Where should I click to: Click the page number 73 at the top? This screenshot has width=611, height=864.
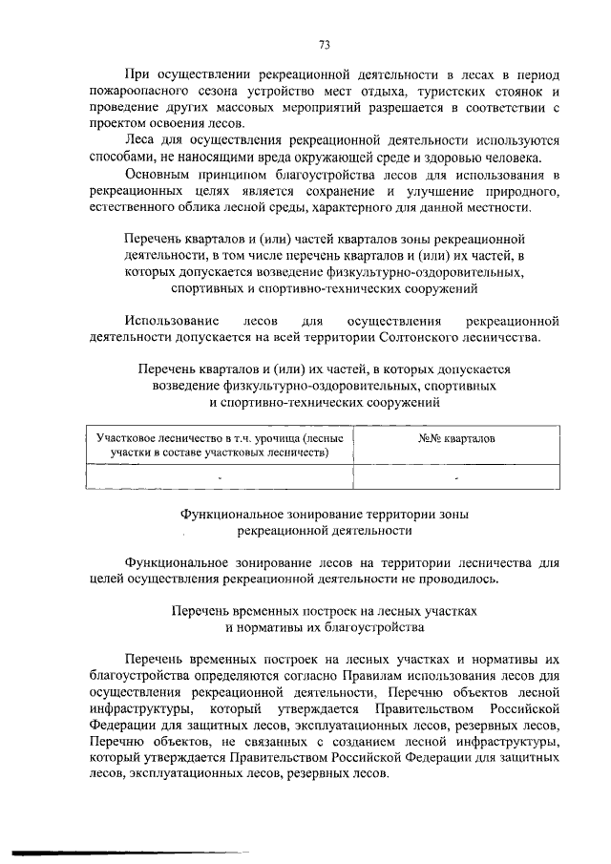point(324,44)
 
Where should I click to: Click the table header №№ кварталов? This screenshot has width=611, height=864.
point(455,436)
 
